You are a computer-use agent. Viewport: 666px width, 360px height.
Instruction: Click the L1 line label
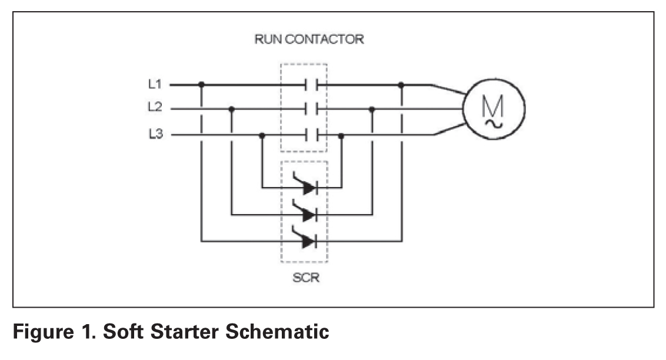tap(154, 85)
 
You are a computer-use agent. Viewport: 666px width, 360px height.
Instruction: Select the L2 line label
tap(154, 108)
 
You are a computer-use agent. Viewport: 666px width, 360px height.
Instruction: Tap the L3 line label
tap(154, 135)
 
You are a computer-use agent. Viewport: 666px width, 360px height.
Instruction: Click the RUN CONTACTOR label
tap(309, 40)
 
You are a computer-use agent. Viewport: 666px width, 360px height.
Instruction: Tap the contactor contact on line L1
tap(312, 85)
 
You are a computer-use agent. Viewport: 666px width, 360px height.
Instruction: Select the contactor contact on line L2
tap(312, 109)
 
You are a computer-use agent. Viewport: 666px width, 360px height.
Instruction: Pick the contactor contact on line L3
tap(312, 135)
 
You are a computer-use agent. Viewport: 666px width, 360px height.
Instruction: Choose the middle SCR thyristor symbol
tap(306, 214)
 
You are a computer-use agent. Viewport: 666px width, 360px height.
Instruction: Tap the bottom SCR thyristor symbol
tap(306, 240)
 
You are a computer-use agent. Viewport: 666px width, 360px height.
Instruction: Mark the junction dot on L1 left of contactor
tap(202, 85)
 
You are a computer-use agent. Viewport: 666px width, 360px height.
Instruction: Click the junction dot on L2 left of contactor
tap(231, 109)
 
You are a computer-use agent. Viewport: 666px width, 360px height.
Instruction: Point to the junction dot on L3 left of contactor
tap(262, 135)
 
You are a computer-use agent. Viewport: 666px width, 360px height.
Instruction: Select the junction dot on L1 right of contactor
tap(401, 85)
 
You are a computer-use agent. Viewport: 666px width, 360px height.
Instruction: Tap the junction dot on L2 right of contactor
tap(372, 109)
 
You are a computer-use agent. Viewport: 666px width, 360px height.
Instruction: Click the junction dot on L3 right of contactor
tap(341, 135)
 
